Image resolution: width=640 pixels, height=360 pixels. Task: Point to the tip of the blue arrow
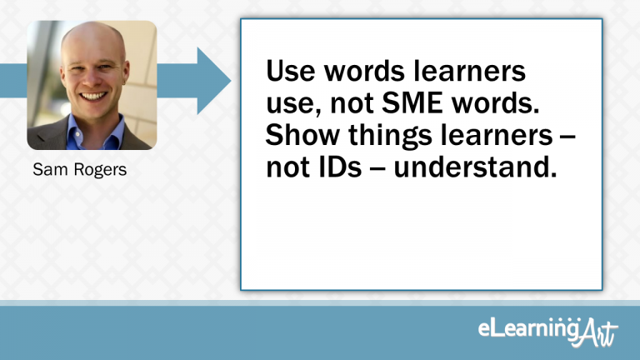229,81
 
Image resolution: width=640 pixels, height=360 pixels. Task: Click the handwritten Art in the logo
599,332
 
